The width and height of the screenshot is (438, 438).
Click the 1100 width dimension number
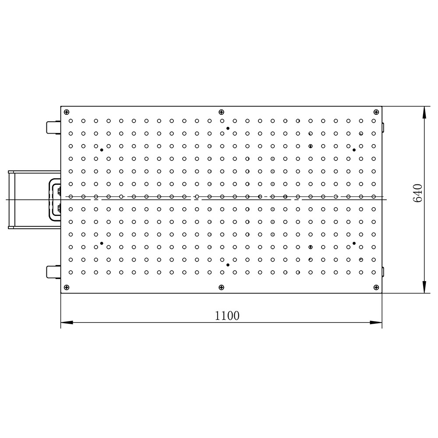tap(227, 315)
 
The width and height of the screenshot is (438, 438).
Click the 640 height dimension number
tap(417, 193)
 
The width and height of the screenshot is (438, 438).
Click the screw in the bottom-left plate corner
tap(67, 287)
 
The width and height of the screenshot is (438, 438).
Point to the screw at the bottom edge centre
tap(221, 287)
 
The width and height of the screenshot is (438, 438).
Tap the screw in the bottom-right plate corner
tap(376, 287)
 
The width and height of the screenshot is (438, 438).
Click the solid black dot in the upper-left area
tap(102, 150)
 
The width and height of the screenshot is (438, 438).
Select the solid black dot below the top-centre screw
tap(228, 128)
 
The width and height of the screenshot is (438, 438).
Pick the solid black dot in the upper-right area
tap(354, 150)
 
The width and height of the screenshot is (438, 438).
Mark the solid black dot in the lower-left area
tap(102, 243)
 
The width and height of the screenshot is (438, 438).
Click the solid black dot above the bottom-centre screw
tap(228, 265)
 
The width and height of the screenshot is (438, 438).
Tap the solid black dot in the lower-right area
tap(354, 243)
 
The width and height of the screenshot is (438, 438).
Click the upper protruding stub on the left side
tap(53, 127)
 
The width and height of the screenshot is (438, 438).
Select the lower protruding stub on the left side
tap(53, 272)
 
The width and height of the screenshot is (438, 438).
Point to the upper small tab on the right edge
tap(383, 127)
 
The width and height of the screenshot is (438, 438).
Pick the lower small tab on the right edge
tap(383, 272)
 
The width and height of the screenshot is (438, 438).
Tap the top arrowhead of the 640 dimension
tap(424, 112)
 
